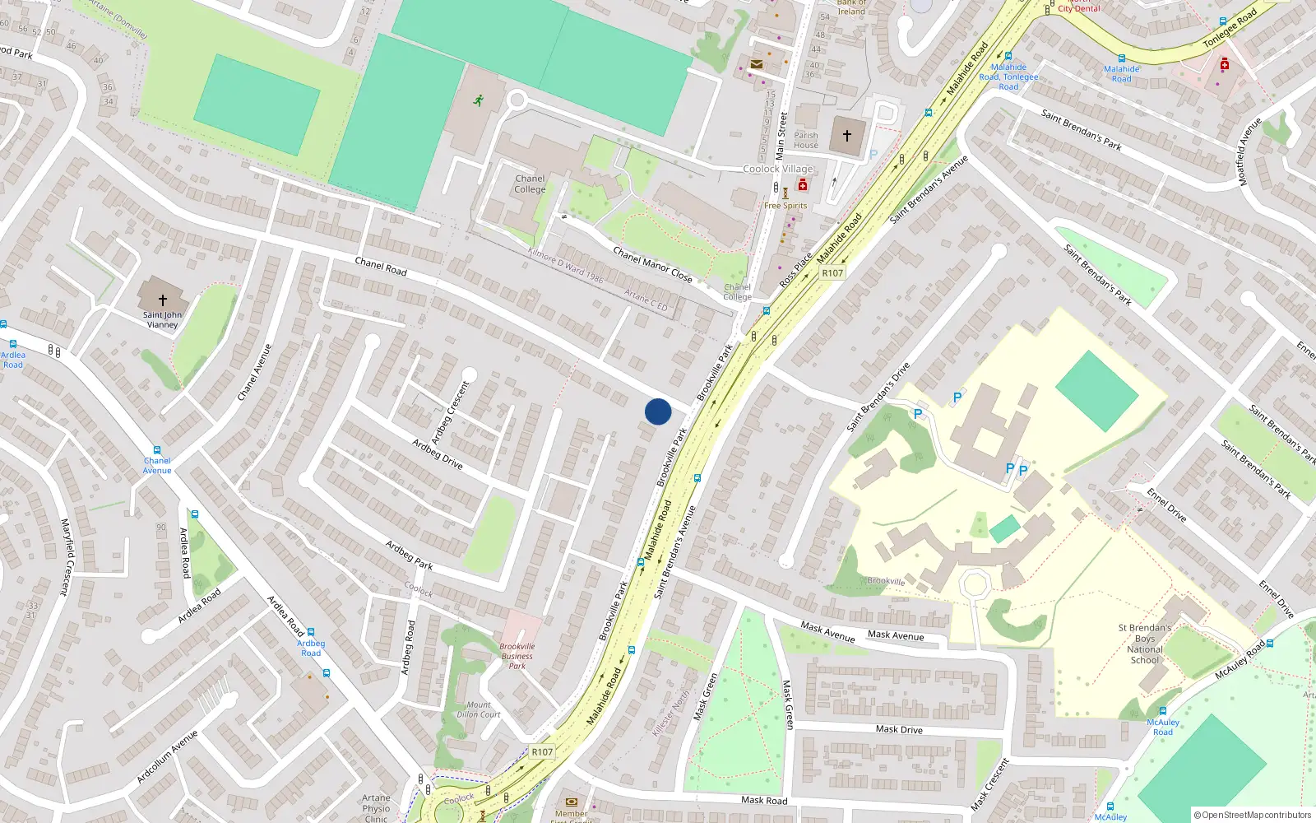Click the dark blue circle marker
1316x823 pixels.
(658, 411)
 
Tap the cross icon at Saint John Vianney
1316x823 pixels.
(162, 300)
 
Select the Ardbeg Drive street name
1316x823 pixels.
(438, 454)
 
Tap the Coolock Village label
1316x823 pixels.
(778, 169)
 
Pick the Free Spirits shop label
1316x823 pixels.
(785, 206)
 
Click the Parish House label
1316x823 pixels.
(806, 140)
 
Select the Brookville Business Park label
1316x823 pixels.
(517, 656)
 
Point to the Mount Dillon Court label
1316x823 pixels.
(479, 709)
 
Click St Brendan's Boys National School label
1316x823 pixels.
(1145, 644)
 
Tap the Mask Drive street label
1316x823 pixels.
(899, 729)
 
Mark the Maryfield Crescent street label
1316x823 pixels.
(66, 556)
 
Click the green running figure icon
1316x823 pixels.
(478, 100)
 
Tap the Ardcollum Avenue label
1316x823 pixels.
(167, 756)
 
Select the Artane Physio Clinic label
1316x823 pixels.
(376, 807)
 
